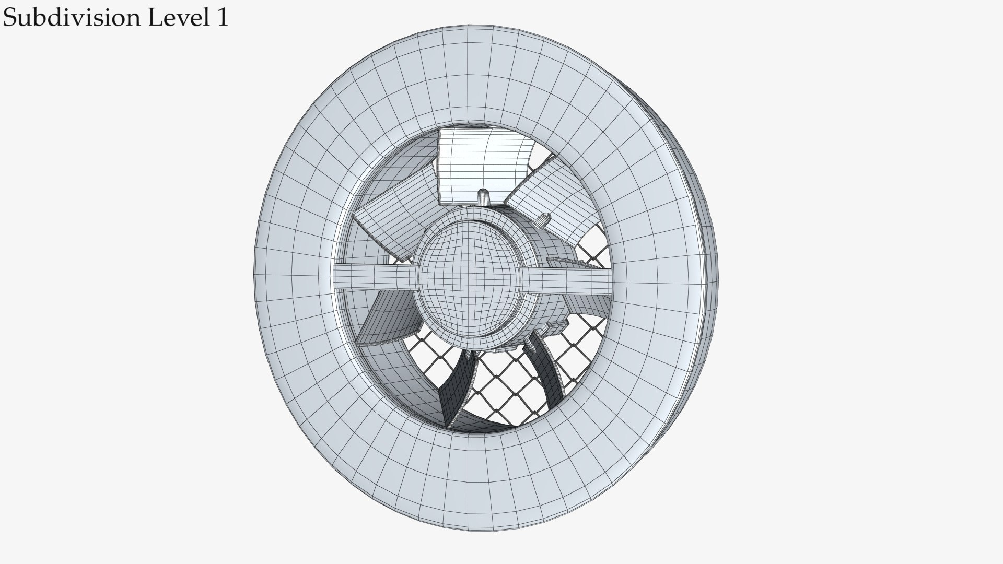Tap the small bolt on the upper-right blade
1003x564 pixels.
coord(544,220)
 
